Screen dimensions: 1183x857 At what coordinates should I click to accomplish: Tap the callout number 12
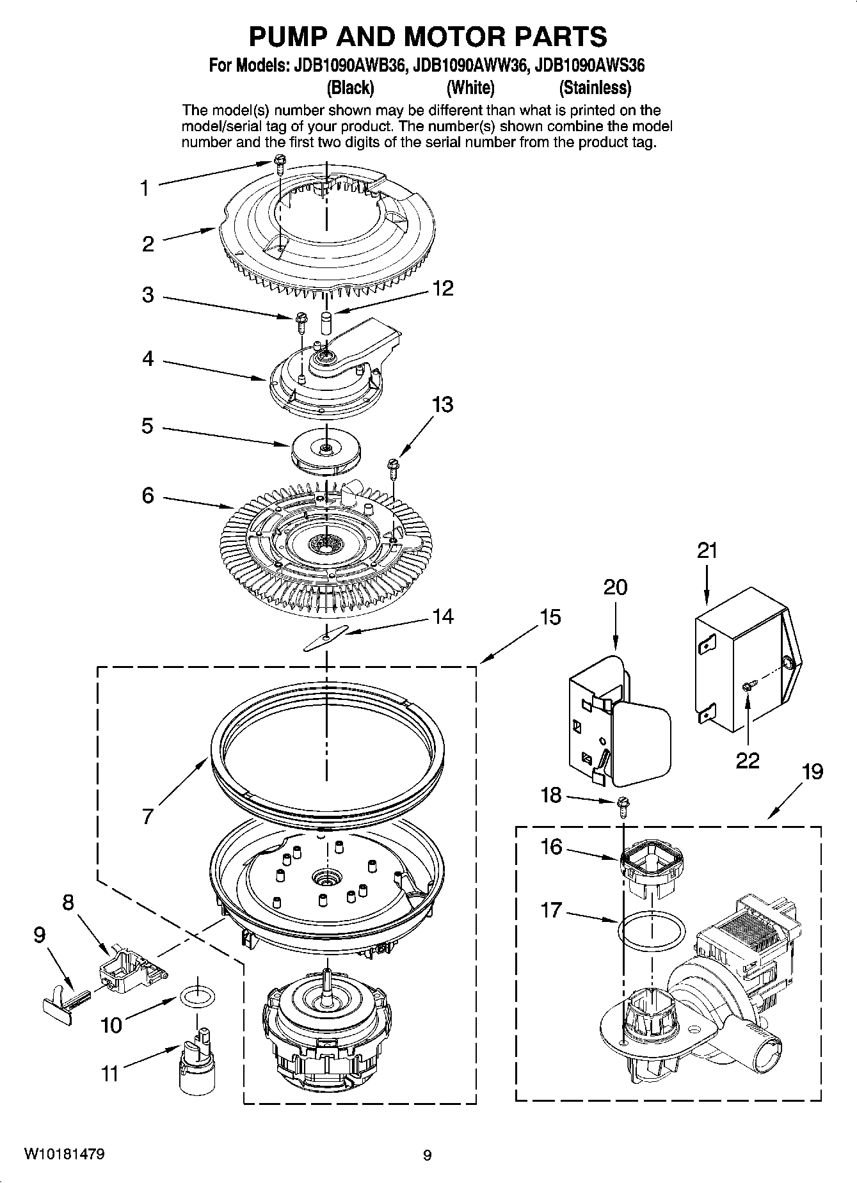442,289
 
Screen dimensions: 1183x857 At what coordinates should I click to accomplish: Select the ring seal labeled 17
651,931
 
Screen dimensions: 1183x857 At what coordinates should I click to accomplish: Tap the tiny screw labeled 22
747,687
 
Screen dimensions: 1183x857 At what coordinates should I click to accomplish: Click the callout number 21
707,550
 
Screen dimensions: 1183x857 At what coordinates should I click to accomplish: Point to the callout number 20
615,587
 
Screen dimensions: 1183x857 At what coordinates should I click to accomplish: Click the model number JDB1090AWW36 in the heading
471,65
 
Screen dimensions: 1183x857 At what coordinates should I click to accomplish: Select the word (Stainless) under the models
595,88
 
